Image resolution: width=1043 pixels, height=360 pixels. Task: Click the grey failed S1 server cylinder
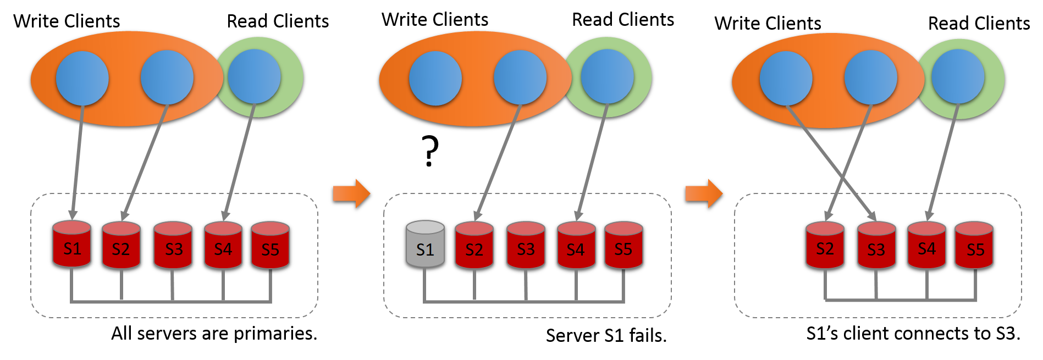click(425, 245)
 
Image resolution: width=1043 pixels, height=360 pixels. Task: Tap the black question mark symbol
click(430, 151)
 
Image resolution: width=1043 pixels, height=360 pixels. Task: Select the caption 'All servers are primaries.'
click(214, 334)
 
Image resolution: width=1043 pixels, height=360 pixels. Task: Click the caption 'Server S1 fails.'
click(606, 335)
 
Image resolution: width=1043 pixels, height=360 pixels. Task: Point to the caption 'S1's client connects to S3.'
click(913, 334)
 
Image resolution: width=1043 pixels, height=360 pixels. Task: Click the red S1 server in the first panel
click(71, 245)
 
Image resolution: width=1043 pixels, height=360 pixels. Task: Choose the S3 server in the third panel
click(876, 246)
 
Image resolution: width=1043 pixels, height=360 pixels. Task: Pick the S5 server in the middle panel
click(623, 246)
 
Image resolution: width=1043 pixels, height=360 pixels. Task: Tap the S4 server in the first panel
click(223, 246)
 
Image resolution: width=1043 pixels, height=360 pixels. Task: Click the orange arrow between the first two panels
click(351, 193)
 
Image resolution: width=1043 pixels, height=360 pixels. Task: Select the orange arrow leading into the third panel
click(704, 193)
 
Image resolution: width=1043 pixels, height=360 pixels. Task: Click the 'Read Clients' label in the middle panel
click(623, 20)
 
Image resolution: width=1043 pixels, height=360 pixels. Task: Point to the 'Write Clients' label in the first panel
click(67, 21)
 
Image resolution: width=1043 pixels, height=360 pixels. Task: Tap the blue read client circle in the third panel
click(957, 76)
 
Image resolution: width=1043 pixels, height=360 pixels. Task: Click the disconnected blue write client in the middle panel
click(435, 79)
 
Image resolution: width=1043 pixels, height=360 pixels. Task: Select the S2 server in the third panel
click(825, 246)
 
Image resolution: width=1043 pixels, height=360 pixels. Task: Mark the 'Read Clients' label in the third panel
click(979, 24)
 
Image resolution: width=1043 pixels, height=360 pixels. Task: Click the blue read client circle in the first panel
click(254, 77)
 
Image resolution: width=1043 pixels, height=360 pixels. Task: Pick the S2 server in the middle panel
click(474, 246)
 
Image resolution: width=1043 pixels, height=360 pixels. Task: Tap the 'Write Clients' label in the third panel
click(768, 24)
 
